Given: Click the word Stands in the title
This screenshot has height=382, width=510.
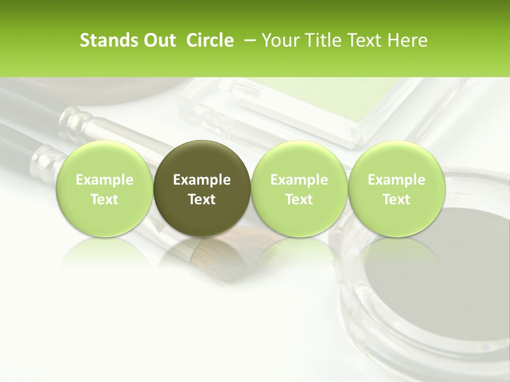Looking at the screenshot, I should tap(106, 40).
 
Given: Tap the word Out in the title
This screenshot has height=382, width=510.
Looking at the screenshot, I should tap(158, 40).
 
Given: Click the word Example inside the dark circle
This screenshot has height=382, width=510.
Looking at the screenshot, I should tap(202, 180).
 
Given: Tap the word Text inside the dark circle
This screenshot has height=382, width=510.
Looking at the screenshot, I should tap(202, 199).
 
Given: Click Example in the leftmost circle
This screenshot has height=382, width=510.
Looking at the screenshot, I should tap(104, 180).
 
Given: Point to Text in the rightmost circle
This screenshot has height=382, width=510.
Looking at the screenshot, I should tap(396, 199).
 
